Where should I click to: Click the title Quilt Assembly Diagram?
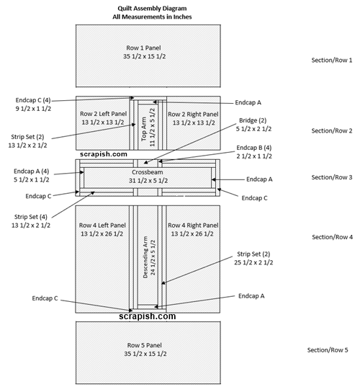coord(152,9)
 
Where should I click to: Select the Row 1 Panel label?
coord(144,52)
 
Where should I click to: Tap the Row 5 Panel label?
coord(145,349)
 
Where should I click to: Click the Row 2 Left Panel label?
coord(103,118)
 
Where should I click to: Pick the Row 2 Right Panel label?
coord(194,118)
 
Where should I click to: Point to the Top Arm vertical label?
coord(148,128)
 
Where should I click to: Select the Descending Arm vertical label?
coord(149,257)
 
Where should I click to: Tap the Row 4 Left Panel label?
coord(102,229)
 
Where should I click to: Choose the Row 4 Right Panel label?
coord(193,229)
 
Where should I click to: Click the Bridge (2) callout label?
coord(253,125)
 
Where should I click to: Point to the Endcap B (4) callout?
coord(254,152)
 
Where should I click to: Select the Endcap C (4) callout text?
coord(33,104)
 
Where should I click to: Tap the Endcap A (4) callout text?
coord(31,175)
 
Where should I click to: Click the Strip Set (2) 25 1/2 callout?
coord(253,258)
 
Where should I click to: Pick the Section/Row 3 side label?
coord(332,177)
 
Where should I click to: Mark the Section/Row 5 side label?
coord(328,350)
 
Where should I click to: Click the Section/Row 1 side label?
coord(332,60)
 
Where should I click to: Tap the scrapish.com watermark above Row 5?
coord(148,316)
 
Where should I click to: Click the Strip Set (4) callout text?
coord(31,221)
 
